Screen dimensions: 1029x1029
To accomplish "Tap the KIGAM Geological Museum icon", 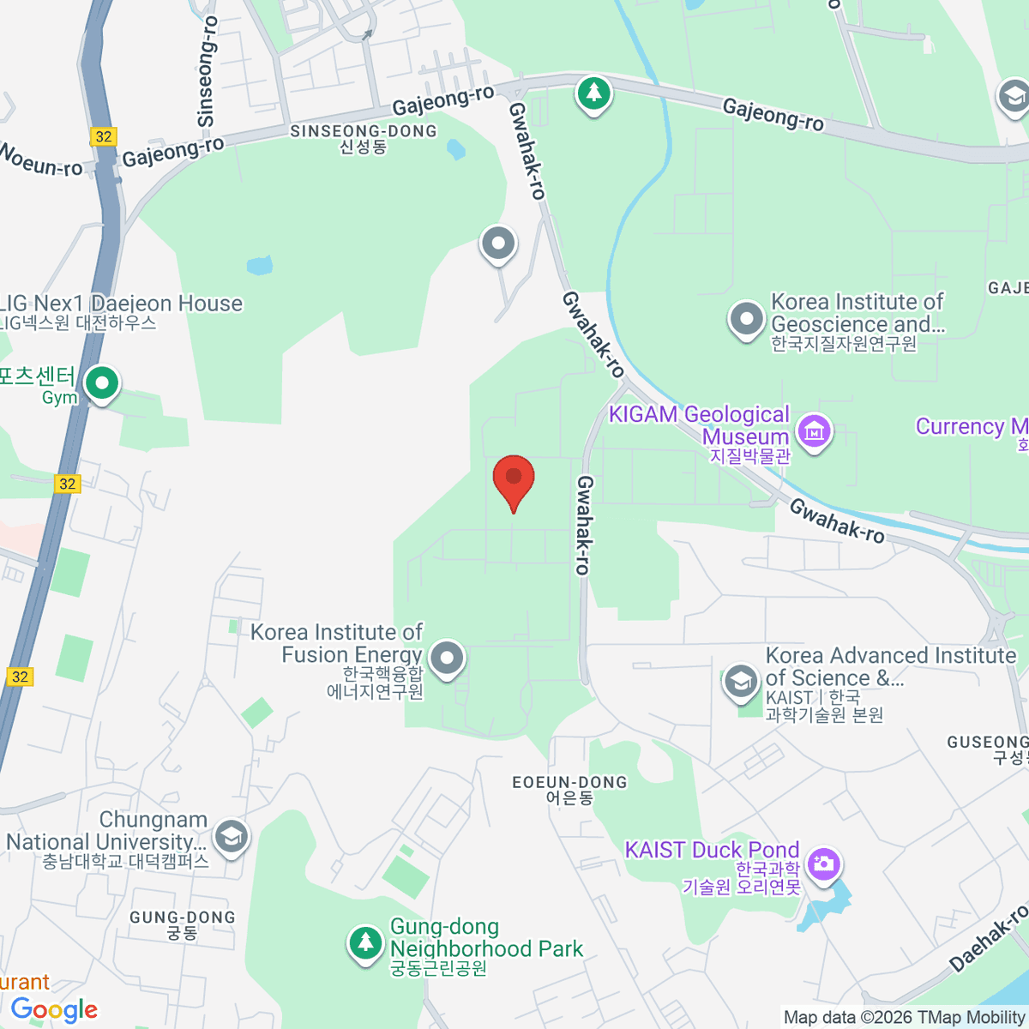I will pyautogui.click(x=814, y=430).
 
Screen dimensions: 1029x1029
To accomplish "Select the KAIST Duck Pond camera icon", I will pyautogui.click(x=823, y=864).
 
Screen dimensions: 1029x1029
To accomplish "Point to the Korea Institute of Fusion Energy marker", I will pyautogui.click(x=447, y=659).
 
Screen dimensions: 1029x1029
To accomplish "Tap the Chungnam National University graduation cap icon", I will pyautogui.click(x=231, y=836).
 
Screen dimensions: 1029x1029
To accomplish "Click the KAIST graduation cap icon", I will pyautogui.click(x=740, y=682).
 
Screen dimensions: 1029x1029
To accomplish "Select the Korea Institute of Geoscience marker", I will pyautogui.click(x=746, y=319).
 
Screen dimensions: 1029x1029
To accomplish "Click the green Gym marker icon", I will pyautogui.click(x=102, y=383).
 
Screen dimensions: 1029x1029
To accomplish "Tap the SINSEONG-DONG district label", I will pyautogui.click(x=364, y=132).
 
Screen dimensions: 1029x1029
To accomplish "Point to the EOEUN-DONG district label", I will pyautogui.click(x=569, y=782).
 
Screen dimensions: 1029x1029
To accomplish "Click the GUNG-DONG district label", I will pyautogui.click(x=182, y=918).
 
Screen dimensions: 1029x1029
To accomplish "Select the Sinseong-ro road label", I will pyautogui.click(x=207, y=73).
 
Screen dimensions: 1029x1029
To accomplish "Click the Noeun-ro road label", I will pyautogui.click(x=40, y=159).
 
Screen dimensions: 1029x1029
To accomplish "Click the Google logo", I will pyautogui.click(x=55, y=1010).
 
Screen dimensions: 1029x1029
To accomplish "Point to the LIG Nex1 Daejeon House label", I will pyautogui.click(x=121, y=304).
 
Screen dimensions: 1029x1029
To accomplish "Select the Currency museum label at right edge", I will pyautogui.click(x=972, y=427).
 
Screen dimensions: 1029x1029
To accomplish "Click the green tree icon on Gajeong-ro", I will pyautogui.click(x=593, y=93).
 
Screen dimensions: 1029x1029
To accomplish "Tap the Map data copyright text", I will pyautogui.click(x=904, y=1017).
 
